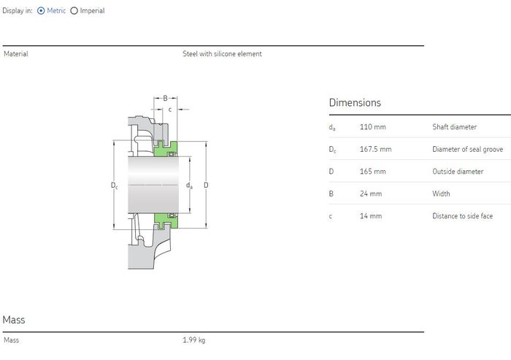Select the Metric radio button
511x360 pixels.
tap(41, 11)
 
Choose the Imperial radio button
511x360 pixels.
tap(74, 11)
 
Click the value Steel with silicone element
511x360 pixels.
tap(222, 54)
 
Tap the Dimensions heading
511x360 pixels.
tap(355, 103)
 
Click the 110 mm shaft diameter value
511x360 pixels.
tap(372, 127)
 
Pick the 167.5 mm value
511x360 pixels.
tap(375, 149)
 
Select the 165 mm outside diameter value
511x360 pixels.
tap(372, 171)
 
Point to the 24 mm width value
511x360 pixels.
tap(371, 194)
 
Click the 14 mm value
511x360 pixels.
tap(371, 216)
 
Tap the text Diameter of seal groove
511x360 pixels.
tap(468, 150)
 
